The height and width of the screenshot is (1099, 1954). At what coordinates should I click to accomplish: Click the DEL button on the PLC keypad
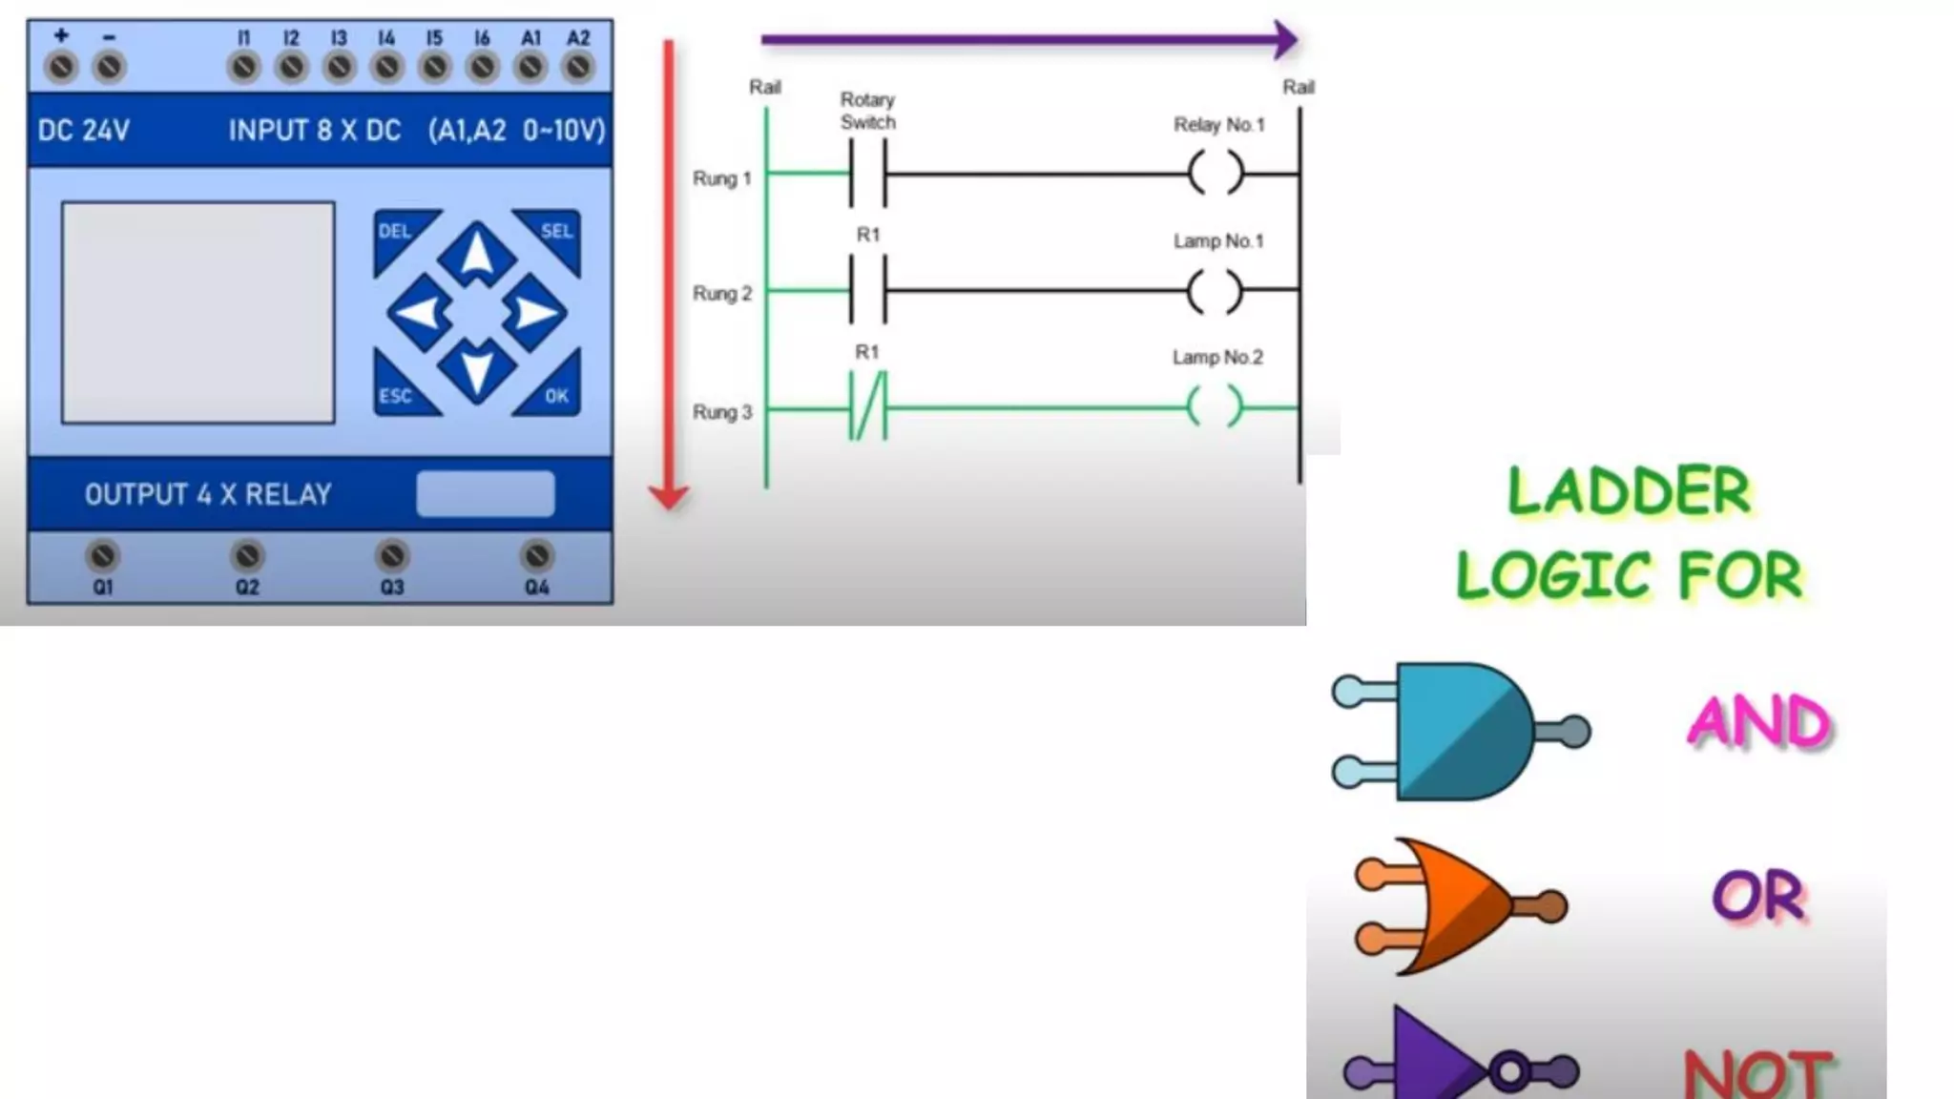pyautogui.click(x=398, y=236)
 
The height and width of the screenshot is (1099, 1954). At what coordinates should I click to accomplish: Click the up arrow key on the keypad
pyautogui.click(x=477, y=255)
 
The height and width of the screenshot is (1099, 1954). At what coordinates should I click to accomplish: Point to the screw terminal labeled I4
pyautogui.click(x=386, y=68)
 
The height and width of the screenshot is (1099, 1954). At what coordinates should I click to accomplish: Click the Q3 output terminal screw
pyautogui.click(x=392, y=556)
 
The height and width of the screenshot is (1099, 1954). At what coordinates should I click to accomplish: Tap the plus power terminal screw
pyautogui.click(x=62, y=68)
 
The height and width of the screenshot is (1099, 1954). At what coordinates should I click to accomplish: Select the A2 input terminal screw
pyautogui.click(x=578, y=68)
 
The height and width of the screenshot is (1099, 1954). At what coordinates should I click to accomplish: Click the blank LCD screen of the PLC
pyautogui.click(x=198, y=312)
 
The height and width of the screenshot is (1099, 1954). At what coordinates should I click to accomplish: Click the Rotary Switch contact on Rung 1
pyautogui.click(x=867, y=174)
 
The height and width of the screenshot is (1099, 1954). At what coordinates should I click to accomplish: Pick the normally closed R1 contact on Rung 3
pyautogui.click(x=867, y=407)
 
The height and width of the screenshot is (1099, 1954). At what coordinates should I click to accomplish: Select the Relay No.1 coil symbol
pyautogui.click(x=1216, y=174)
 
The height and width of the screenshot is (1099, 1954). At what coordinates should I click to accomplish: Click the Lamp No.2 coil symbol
pyautogui.click(x=1216, y=407)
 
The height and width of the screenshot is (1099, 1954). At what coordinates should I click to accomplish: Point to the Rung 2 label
pyautogui.click(x=722, y=294)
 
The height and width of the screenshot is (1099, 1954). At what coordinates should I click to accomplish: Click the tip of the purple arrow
pyautogui.click(x=1292, y=40)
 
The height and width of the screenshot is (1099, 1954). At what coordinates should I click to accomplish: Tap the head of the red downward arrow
pyautogui.click(x=669, y=497)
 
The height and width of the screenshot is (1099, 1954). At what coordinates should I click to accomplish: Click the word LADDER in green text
pyautogui.click(x=1629, y=492)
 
